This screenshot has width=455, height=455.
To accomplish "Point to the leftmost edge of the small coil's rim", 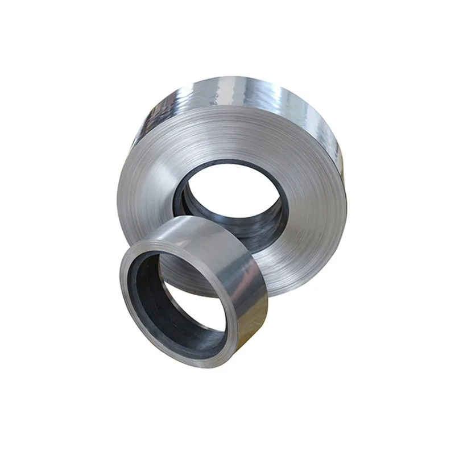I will (121, 284).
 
